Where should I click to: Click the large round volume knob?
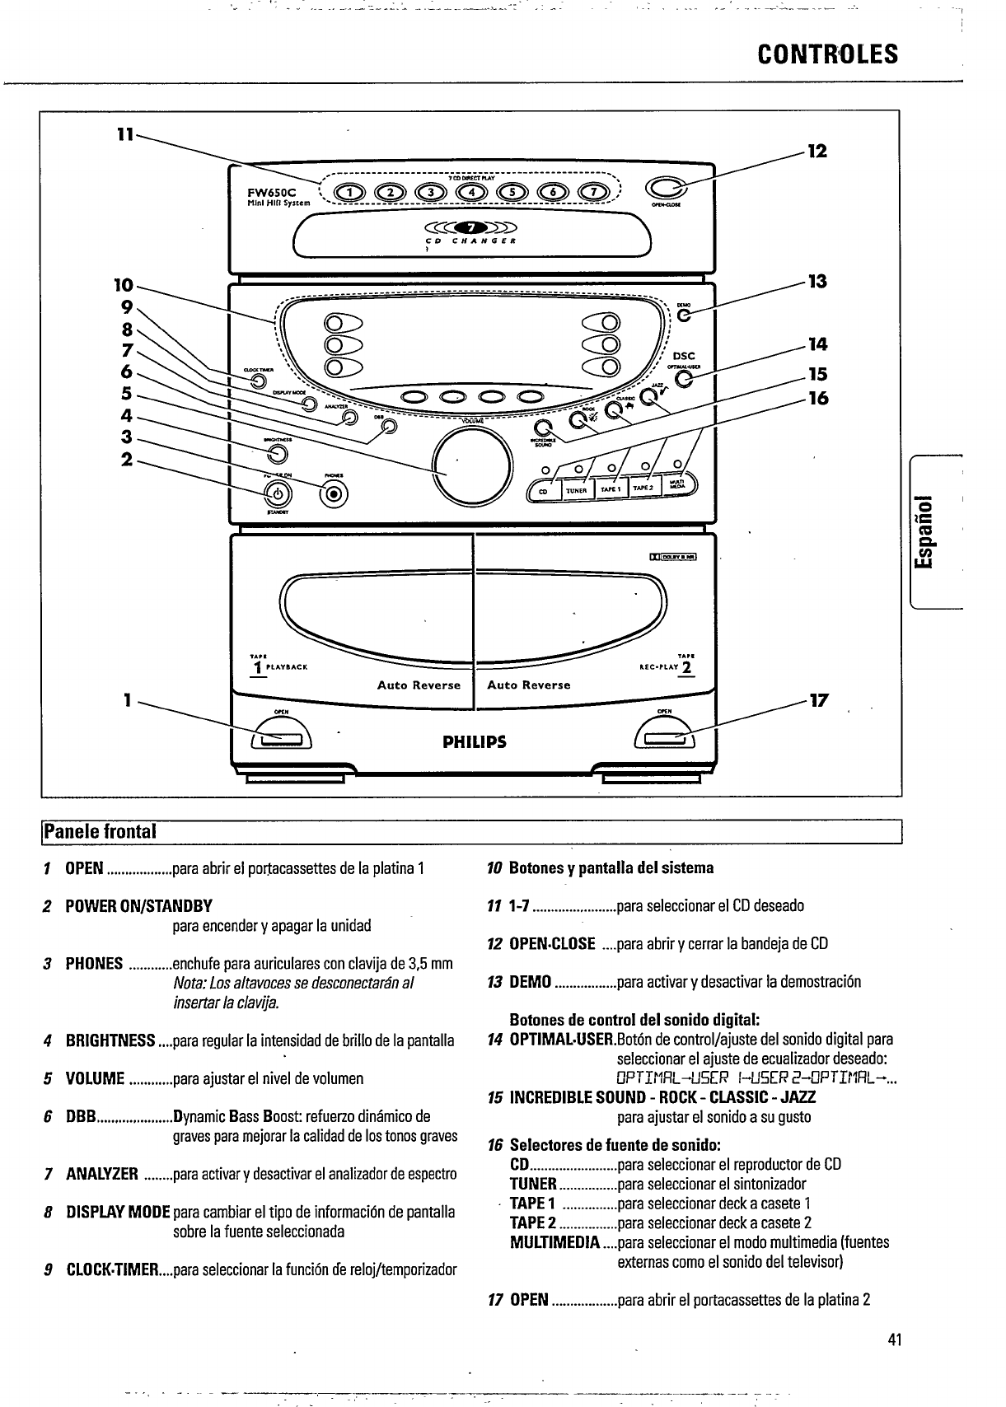(468, 465)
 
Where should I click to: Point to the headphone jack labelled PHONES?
(334, 494)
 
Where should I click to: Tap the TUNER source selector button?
(576, 490)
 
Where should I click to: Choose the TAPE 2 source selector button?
(643, 488)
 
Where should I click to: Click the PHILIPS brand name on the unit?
(474, 741)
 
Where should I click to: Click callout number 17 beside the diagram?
(818, 701)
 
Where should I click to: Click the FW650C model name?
(264, 192)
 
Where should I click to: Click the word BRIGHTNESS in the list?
(110, 1040)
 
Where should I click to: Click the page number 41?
(896, 1339)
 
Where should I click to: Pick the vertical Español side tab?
(927, 531)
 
